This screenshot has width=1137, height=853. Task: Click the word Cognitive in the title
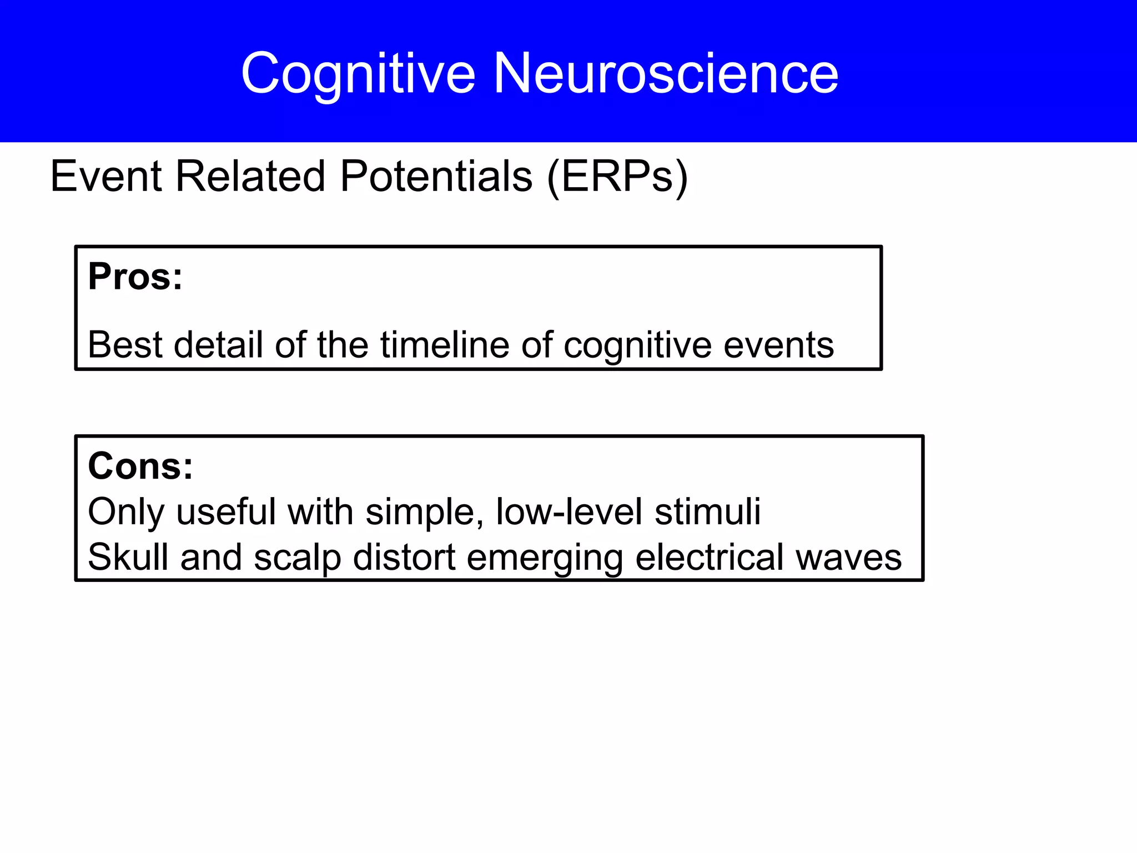[358, 74]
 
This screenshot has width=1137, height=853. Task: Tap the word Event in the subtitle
[105, 177]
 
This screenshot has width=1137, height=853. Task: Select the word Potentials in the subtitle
[436, 177]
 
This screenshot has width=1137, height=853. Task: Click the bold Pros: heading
[135, 277]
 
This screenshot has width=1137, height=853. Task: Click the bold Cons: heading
[140, 466]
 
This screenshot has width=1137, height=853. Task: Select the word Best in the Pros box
[124, 345]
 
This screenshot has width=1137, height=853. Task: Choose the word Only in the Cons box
[126, 512]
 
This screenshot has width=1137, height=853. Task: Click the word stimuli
[707, 511]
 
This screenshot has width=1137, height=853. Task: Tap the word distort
[404, 557]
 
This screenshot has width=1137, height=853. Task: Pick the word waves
[849, 558]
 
